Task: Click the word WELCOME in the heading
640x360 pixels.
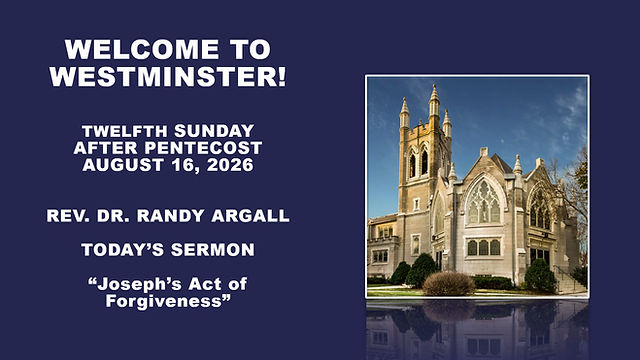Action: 142,49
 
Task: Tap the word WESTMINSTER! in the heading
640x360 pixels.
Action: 168,76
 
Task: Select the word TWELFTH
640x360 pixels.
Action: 124,131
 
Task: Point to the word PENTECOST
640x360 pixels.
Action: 203,148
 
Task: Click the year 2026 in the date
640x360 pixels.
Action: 230,165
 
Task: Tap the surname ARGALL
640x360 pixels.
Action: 250,216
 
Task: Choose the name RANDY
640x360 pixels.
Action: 170,216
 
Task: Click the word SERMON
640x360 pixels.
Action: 212,250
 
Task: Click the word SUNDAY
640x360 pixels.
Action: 214,131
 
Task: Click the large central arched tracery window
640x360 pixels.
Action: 483,202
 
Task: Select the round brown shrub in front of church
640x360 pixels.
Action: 449,284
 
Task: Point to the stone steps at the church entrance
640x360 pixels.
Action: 570,282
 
